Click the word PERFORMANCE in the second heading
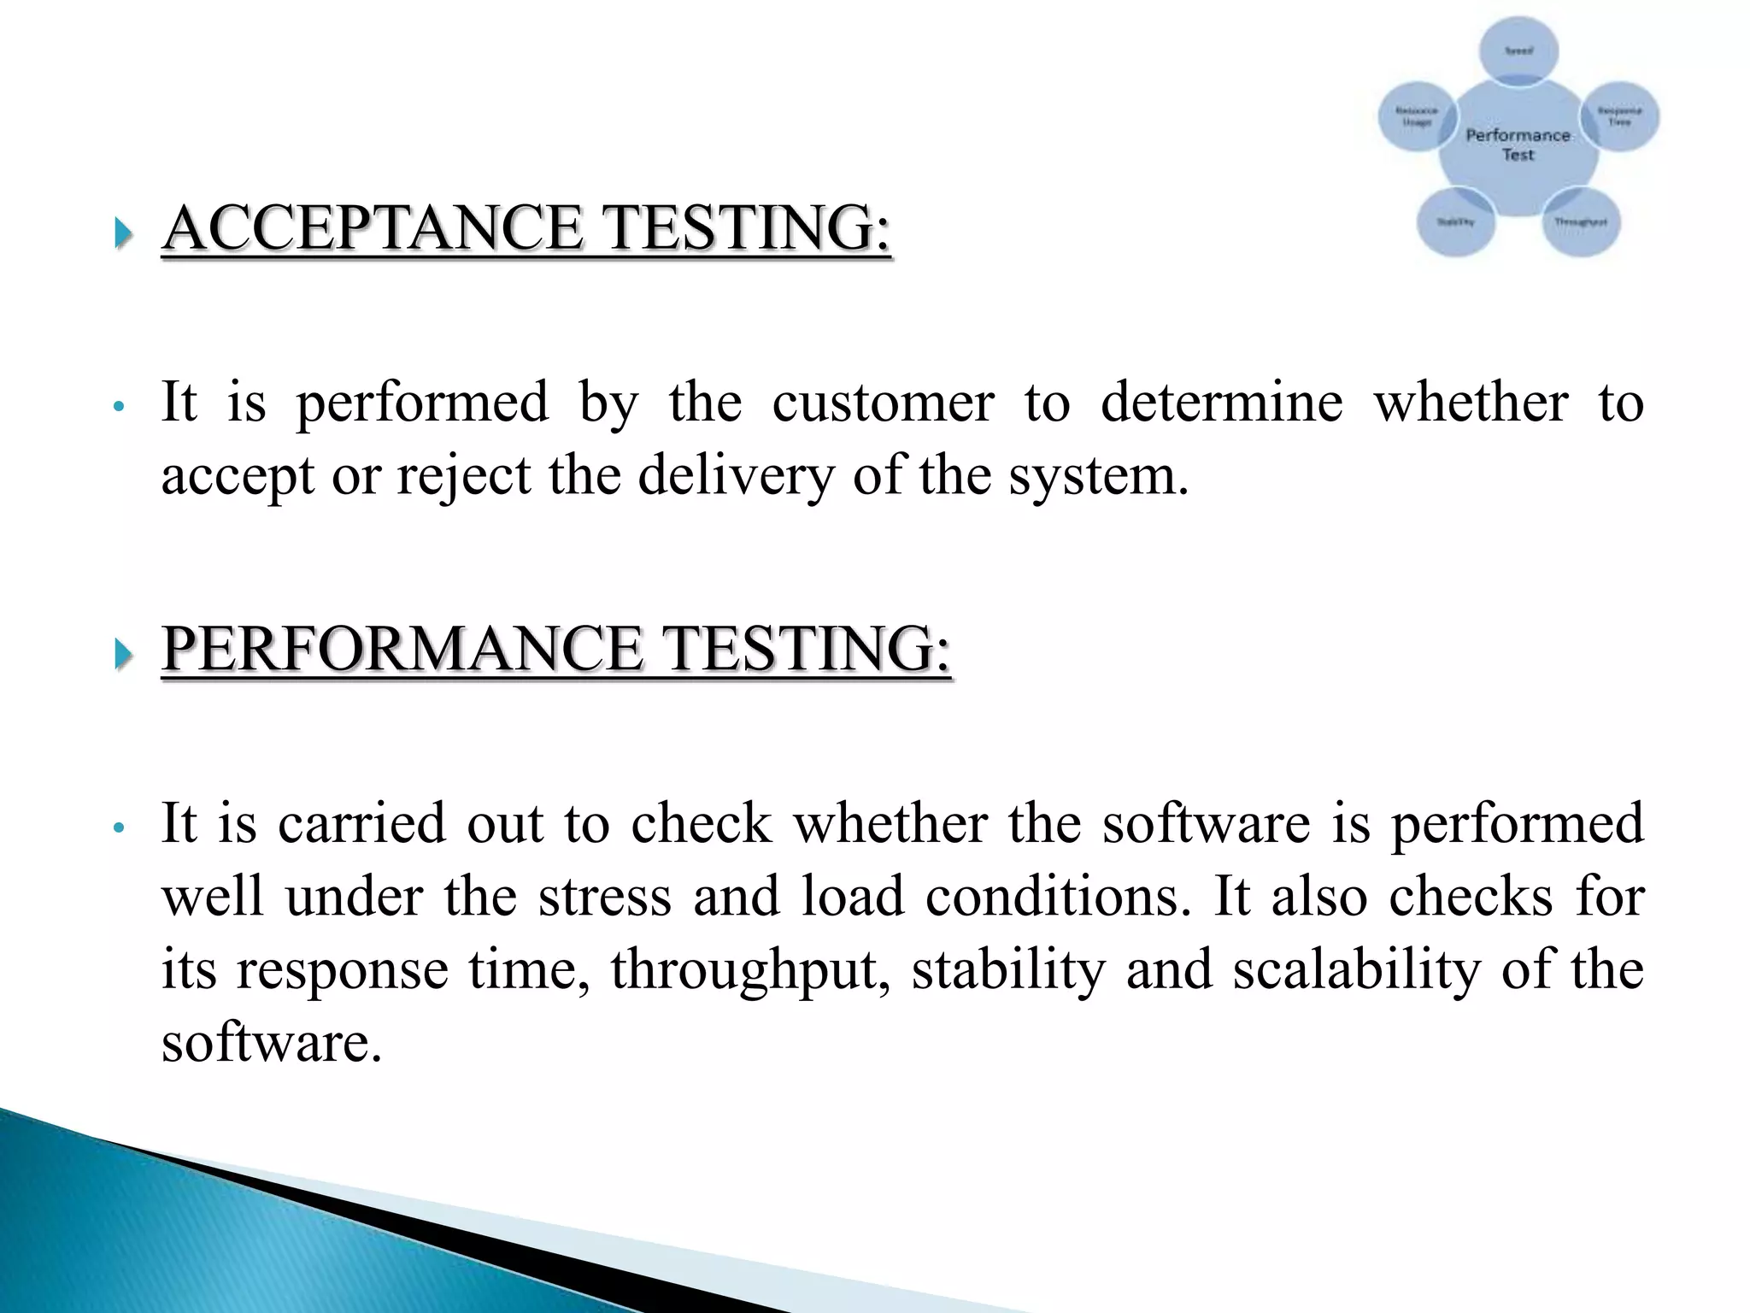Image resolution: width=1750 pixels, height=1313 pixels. click(x=401, y=649)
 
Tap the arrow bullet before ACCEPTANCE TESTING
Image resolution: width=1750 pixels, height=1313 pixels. click(x=124, y=232)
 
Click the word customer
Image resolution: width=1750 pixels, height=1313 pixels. click(x=883, y=402)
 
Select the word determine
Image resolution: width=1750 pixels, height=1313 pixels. click(x=1221, y=402)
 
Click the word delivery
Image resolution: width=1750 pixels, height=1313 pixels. click(x=736, y=475)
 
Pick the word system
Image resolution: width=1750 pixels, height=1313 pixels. click(x=1099, y=475)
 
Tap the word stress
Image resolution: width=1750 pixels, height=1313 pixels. click(x=604, y=897)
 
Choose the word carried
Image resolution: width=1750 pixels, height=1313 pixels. click(x=362, y=822)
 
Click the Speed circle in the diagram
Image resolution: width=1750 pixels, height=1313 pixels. click(x=1518, y=50)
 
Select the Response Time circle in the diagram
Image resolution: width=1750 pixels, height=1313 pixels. click(x=1620, y=116)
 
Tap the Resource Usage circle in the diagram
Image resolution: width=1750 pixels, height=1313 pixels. click(x=1417, y=116)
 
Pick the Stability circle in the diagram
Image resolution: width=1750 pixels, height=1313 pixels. click(x=1455, y=221)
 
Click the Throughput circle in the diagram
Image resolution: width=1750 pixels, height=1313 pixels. click(x=1581, y=221)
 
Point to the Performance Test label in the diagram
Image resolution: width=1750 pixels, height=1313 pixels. click(x=1518, y=144)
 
